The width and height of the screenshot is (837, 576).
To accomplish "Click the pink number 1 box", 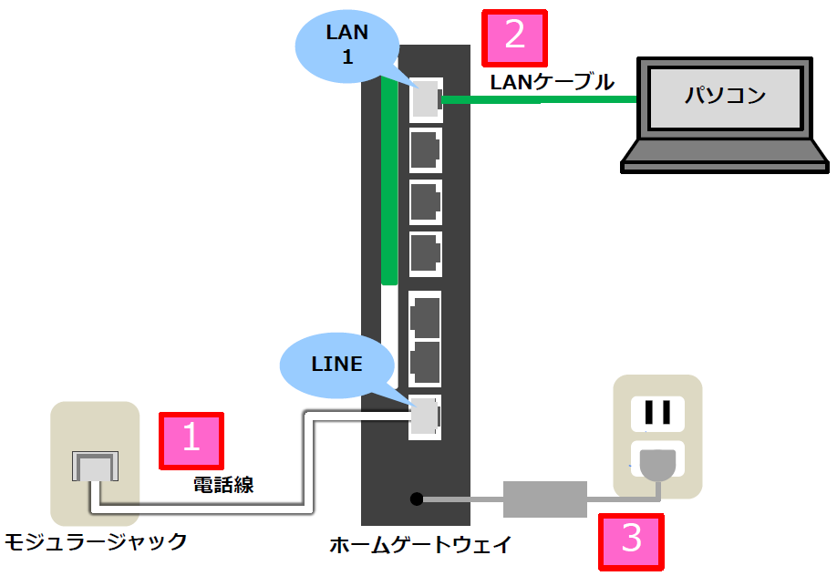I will point(191,438).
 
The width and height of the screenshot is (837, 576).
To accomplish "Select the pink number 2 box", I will point(514,37).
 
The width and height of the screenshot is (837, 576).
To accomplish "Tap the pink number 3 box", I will point(631,540).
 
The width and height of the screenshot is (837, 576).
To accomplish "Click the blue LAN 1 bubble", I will point(347,46).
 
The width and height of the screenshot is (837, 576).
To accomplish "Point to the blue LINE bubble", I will point(337,365).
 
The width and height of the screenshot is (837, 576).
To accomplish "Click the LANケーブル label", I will point(552,83).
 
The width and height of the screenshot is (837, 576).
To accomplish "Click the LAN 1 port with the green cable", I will point(425,99).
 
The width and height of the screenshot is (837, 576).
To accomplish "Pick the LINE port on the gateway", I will point(425,417).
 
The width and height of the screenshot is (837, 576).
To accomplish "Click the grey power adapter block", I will point(545,499).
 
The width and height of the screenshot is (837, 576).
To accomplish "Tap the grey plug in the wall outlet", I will point(657,464).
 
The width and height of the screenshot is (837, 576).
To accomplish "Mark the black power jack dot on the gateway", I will point(416,499).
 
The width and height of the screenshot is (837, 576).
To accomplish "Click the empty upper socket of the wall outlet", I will point(657,412).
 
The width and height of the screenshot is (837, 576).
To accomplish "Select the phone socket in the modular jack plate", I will point(95,467).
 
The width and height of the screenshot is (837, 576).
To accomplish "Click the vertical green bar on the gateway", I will point(389,182).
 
